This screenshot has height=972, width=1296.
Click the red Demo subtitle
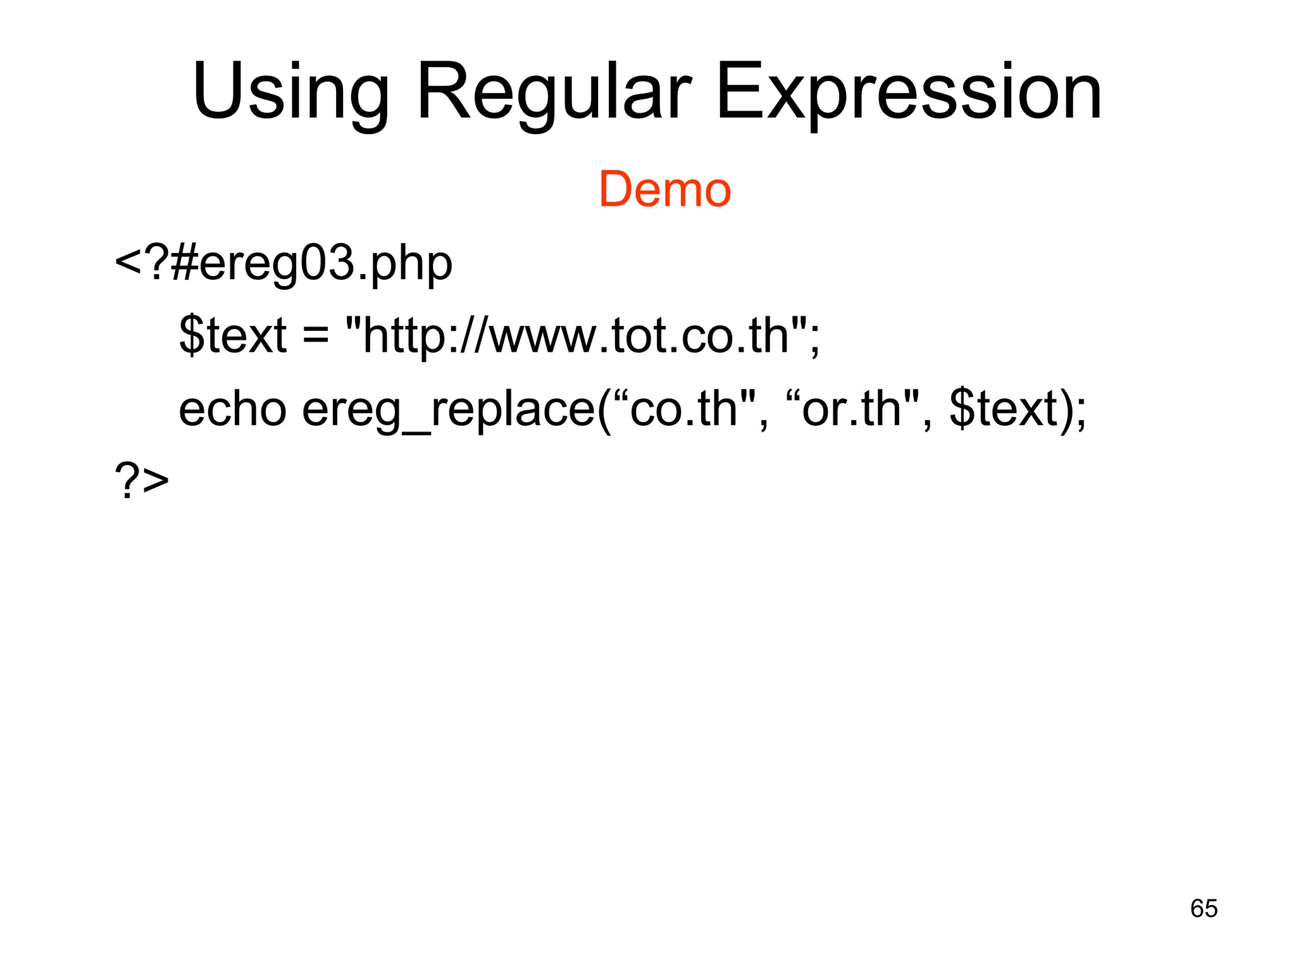pyautogui.click(x=664, y=189)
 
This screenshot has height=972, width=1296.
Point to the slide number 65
pyautogui.click(x=1204, y=908)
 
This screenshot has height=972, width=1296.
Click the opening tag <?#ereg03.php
pyautogui.click(x=283, y=263)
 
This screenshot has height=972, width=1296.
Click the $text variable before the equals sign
pyautogui.click(x=233, y=335)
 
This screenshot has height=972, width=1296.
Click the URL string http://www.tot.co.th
pyautogui.click(x=576, y=335)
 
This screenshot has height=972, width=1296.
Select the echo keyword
pyautogui.click(x=232, y=409)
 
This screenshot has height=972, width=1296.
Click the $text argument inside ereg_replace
pyautogui.click(x=1003, y=409)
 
